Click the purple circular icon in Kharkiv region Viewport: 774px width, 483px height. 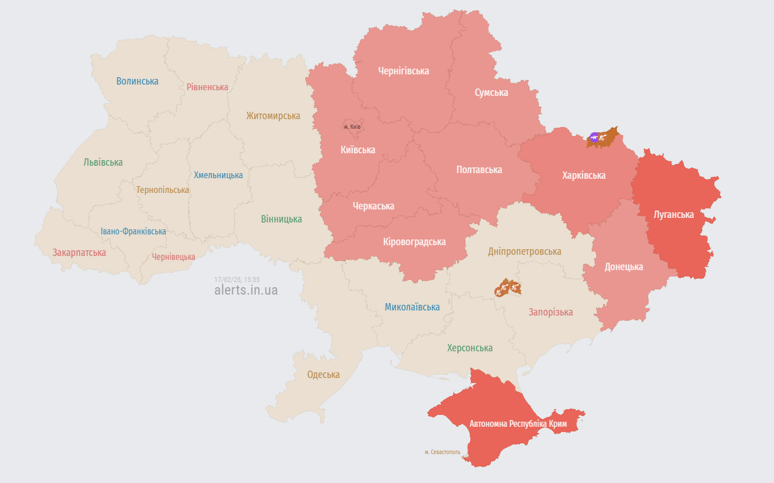(594, 137)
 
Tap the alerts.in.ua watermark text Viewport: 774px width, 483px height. (246, 290)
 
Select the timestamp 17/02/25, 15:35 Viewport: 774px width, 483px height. (237, 279)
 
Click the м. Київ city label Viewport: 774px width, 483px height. (352, 127)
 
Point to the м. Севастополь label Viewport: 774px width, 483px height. (443, 452)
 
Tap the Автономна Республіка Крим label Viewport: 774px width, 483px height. (518, 424)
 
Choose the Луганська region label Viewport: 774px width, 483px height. (674, 215)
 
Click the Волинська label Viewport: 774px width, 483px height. (137, 81)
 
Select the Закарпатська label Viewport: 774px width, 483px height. (79, 253)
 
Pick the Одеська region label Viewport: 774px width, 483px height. (323, 375)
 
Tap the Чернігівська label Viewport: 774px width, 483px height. (403, 71)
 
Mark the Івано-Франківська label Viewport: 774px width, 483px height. (133, 232)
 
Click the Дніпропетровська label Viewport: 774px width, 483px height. (524, 251)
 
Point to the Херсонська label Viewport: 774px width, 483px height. (470, 348)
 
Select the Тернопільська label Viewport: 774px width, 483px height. (162, 190)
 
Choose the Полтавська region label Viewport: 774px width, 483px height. (479, 170)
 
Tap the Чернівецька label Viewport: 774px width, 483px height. (174, 257)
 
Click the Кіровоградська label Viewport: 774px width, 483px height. (414, 242)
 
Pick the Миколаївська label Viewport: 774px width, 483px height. (412, 307)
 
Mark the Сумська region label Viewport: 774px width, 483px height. (491, 93)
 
